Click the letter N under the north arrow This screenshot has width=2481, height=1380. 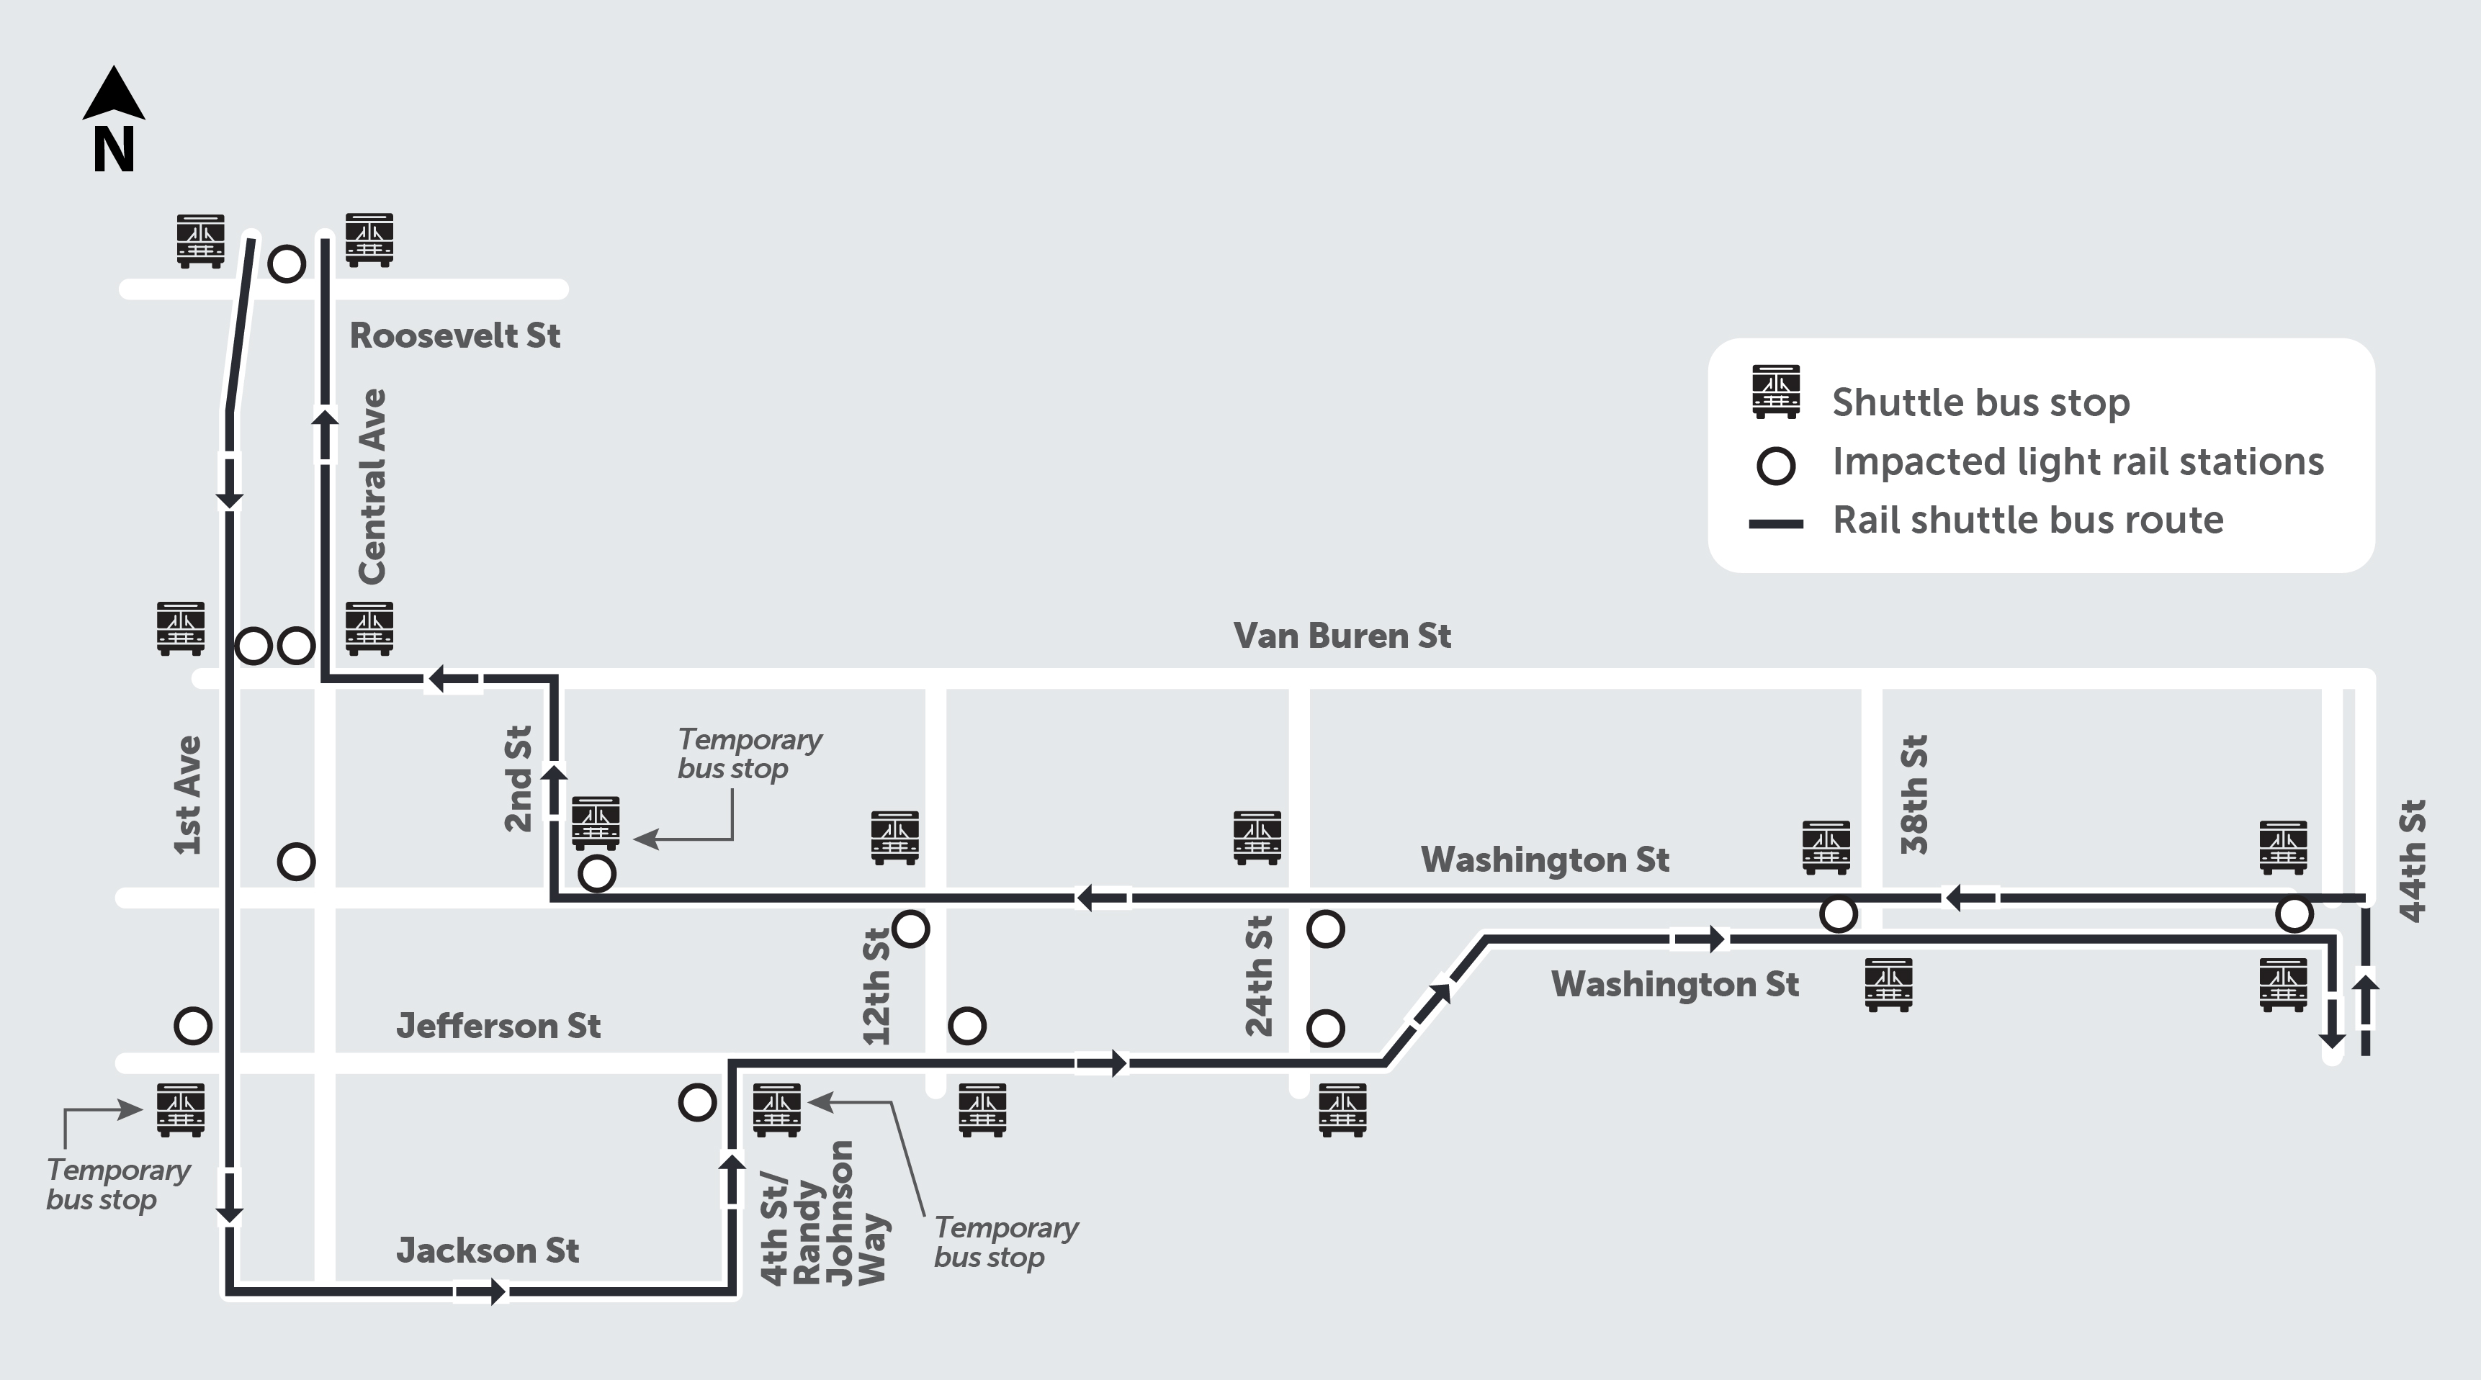[x=114, y=150]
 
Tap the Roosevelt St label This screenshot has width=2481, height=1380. [x=454, y=336]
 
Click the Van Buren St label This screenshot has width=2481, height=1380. [x=1342, y=636]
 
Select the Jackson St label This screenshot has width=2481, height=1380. [x=488, y=1250]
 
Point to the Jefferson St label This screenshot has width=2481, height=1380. [x=498, y=1026]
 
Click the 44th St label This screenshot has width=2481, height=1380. [x=2413, y=860]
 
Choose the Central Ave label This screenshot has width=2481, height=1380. [x=372, y=487]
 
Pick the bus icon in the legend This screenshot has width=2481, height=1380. [x=1775, y=392]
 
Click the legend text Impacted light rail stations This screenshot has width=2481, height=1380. [x=2078, y=462]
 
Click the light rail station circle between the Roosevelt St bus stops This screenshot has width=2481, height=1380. [x=286, y=263]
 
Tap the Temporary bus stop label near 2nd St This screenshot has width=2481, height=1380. [x=748, y=754]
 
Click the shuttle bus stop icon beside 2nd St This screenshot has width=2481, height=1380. [x=595, y=822]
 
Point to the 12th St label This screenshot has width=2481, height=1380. [x=876, y=986]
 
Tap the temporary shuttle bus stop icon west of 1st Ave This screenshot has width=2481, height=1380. [x=180, y=1109]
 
